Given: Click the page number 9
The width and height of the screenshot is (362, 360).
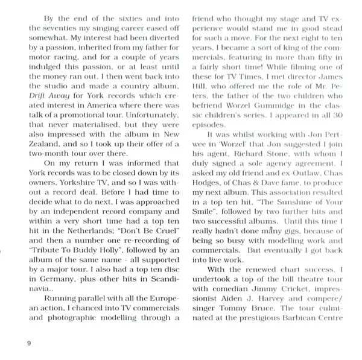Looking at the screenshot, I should coord(29,343).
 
